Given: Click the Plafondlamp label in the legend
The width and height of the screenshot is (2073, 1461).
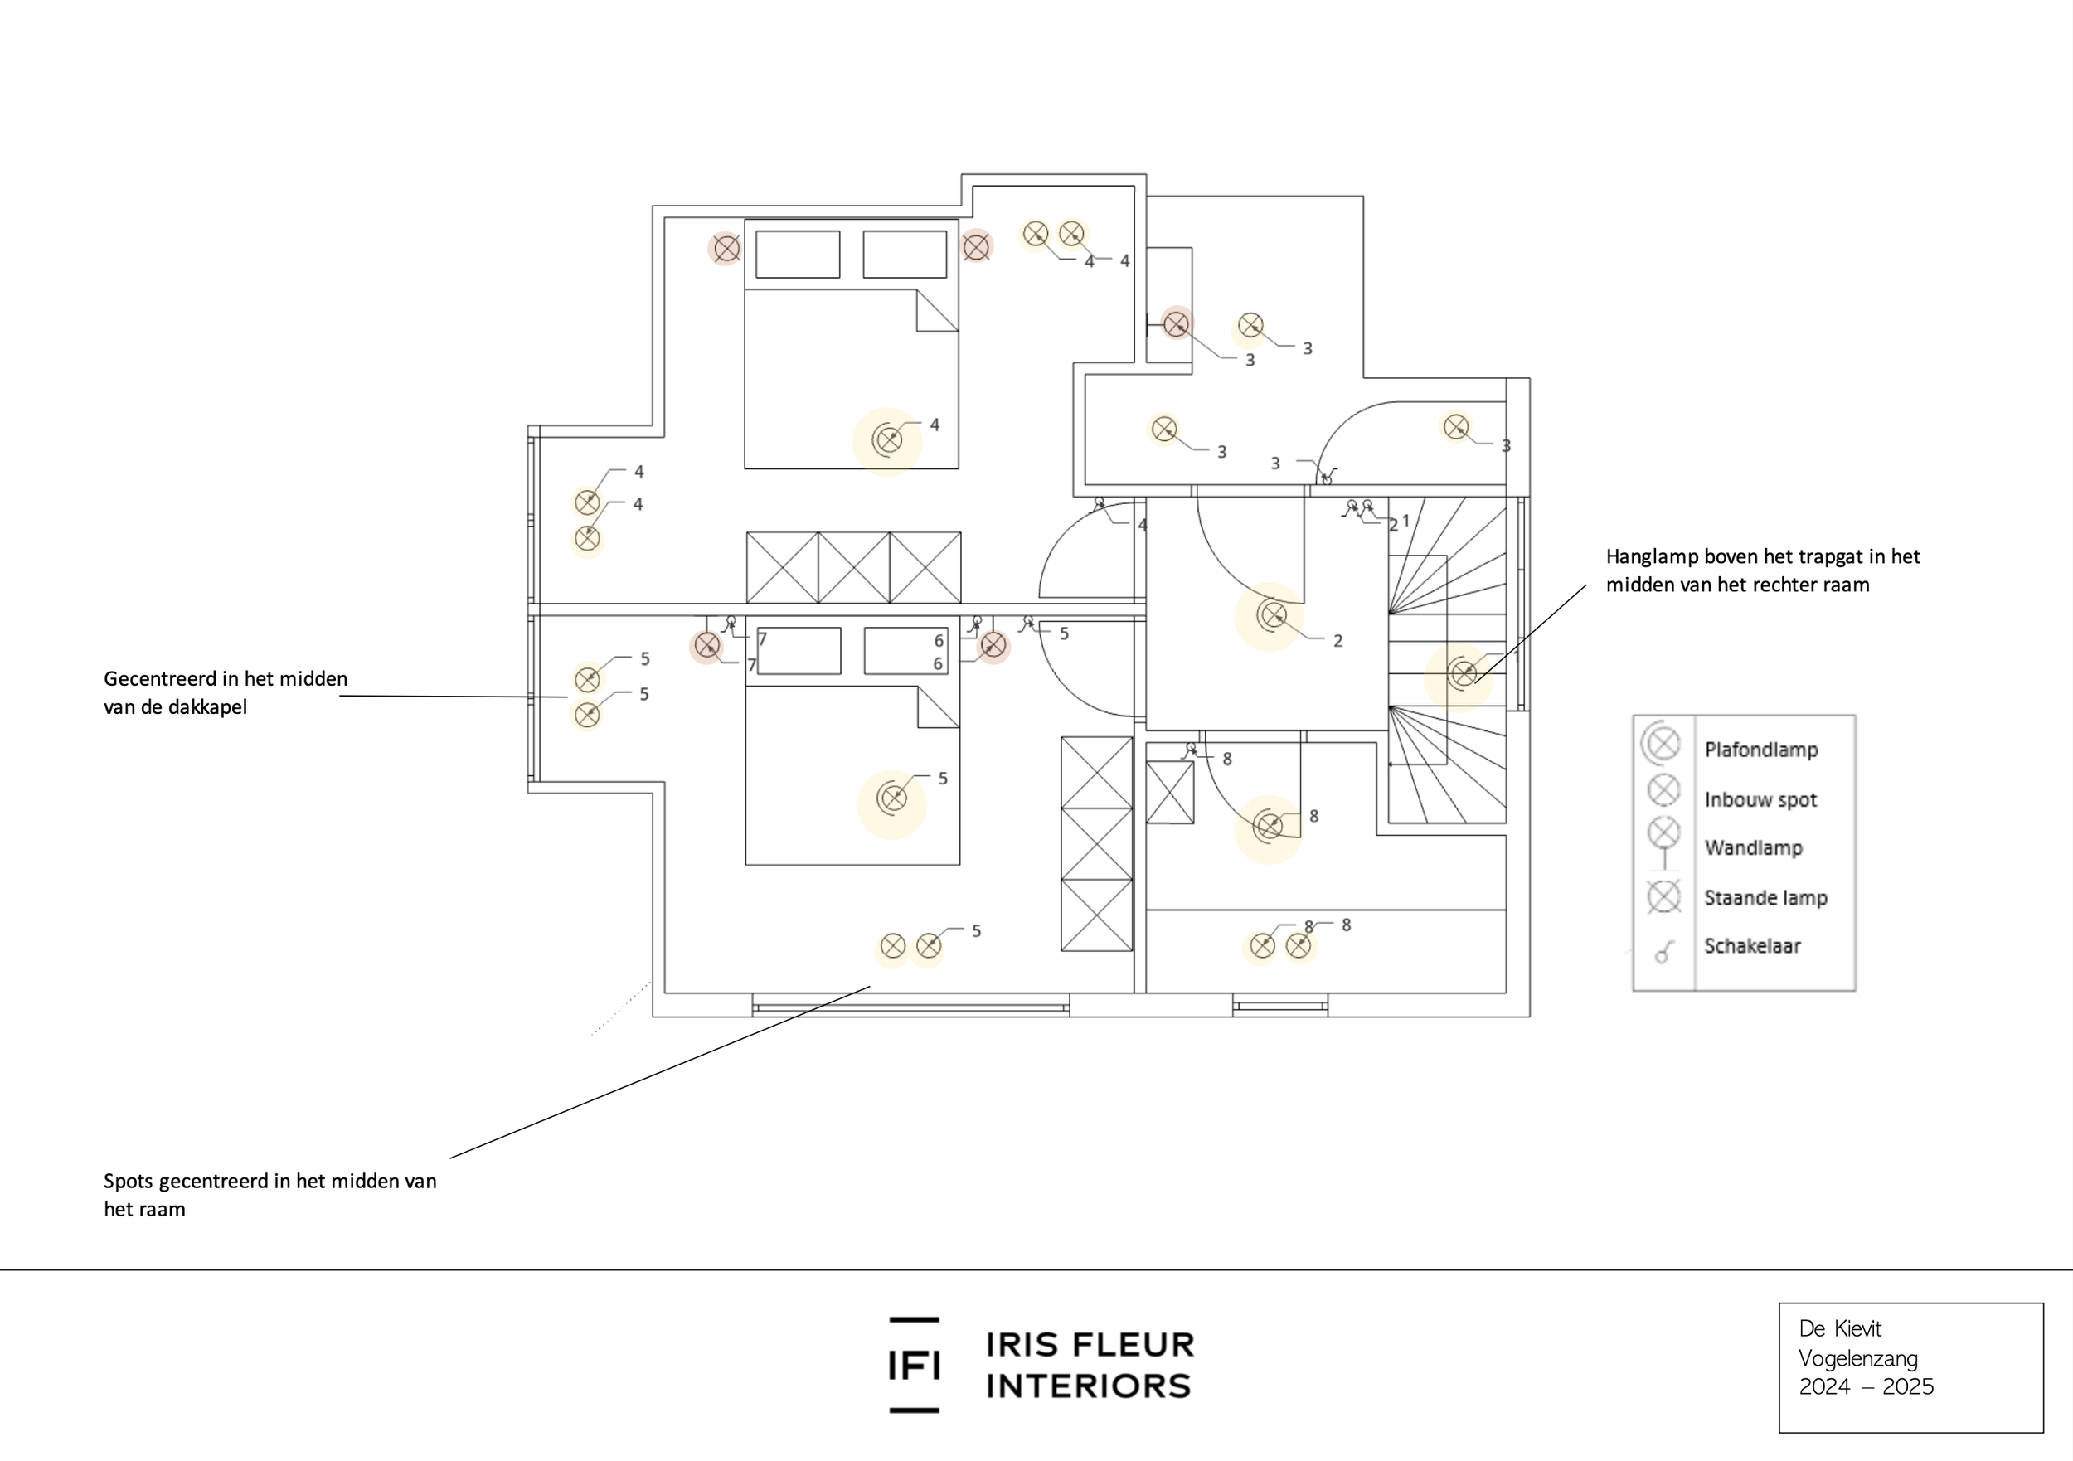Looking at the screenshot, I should (x=1760, y=750).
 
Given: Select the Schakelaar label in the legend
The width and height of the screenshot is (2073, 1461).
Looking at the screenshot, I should (x=1751, y=946).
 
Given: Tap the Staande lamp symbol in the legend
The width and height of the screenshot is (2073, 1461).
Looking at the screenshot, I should (x=1664, y=896).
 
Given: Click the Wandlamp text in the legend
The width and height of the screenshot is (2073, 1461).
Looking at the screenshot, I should (x=1752, y=848).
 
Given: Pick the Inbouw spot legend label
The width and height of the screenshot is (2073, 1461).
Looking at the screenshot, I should (x=1760, y=800).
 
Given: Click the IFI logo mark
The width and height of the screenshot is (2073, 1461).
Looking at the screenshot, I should (x=914, y=1364).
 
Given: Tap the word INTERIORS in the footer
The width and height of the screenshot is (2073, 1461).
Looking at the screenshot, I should (x=1089, y=1386).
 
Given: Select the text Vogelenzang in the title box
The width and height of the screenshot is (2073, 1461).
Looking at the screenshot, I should (x=1857, y=1358).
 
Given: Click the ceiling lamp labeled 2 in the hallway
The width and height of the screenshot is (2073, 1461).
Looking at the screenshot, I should (x=1272, y=616).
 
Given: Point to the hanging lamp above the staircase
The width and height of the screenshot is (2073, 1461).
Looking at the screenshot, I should (x=1463, y=672).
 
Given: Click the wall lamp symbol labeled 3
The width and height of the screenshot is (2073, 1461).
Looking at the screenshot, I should (x=1176, y=323).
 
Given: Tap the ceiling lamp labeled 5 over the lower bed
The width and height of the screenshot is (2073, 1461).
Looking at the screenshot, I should (x=893, y=798).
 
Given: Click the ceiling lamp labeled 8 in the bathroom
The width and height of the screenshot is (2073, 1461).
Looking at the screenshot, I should (x=1270, y=825).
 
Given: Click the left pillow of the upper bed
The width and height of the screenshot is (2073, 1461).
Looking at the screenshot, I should (x=797, y=255).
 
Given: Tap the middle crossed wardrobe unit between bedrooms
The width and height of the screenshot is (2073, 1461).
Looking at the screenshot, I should (x=853, y=568).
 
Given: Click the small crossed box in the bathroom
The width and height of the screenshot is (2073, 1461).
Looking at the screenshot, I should (x=1169, y=793).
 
